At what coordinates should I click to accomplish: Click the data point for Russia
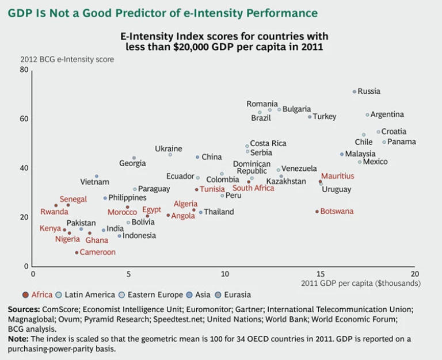(x=355, y=91)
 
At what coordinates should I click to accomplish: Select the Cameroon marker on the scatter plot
(x=77, y=252)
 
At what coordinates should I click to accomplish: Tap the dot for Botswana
(x=317, y=212)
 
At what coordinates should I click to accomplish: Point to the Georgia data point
(x=134, y=158)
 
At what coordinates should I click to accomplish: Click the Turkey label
(x=325, y=117)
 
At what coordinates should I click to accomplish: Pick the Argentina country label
(x=387, y=114)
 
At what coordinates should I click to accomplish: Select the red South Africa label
(x=253, y=188)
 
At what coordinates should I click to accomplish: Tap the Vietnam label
(x=94, y=182)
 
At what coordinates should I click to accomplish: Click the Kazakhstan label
(x=286, y=181)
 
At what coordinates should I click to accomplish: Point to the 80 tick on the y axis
(x=24, y=70)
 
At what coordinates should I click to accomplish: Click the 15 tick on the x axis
(x=320, y=274)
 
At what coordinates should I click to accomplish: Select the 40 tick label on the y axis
(x=24, y=168)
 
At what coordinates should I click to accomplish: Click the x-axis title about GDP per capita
(x=361, y=284)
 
